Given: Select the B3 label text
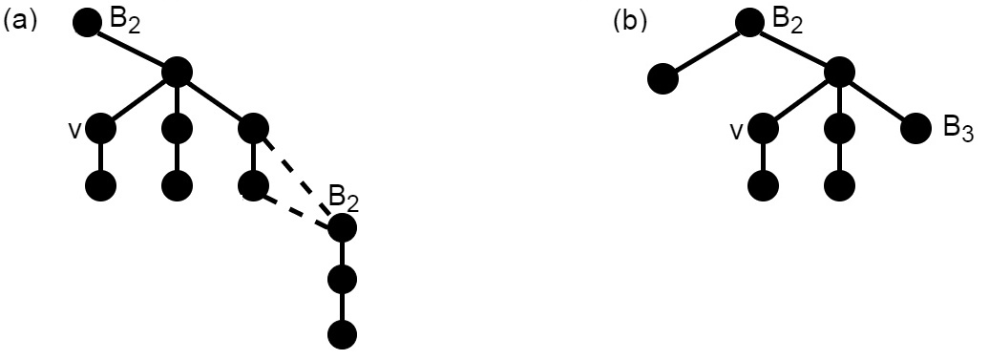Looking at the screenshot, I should pyautogui.click(x=956, y=130).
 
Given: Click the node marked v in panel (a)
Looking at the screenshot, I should pyautogui.click(x=100, y=127).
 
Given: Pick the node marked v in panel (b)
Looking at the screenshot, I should pyautogui.click(x=762, y=127).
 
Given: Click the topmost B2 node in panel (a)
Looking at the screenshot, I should pyautogui.click(x=87, y=22).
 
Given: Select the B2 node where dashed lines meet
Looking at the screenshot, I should pyautogui.click(x=341, y=228).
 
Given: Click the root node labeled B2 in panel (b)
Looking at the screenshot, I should pyautogui.click(x=749, y=22).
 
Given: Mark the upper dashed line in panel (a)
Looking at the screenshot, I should pyautogui.click(x=298, y=178).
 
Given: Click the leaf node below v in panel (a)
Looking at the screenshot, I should pyautogui.click(x=100, y=183).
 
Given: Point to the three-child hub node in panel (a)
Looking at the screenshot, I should pyautogui.click(x=178, y=71).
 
